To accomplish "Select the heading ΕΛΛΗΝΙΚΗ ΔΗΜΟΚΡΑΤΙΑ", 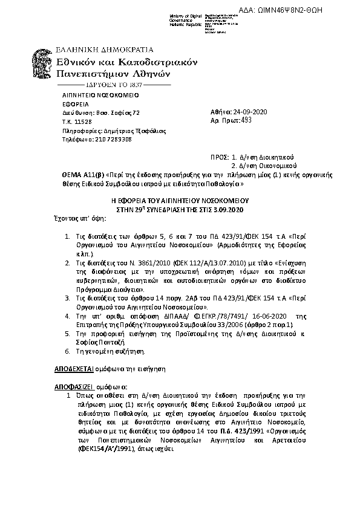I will coord(105,50).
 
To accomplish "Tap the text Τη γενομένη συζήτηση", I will coord(110,351).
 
